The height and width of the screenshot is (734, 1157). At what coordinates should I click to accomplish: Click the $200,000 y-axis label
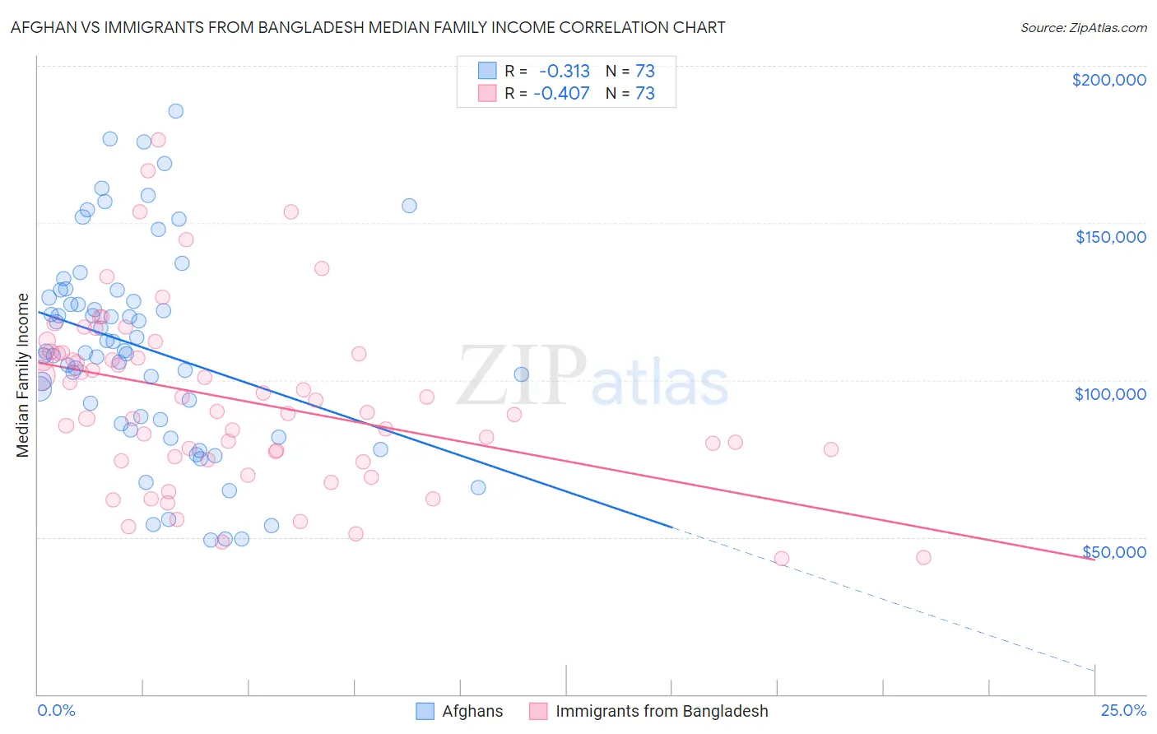click(1108, 80)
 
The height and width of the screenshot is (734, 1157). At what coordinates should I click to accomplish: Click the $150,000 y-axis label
click(1110, 237)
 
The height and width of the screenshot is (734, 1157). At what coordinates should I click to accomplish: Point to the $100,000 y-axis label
click(1110, 394)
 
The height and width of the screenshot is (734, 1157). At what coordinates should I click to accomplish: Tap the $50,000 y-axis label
click(1113, 551)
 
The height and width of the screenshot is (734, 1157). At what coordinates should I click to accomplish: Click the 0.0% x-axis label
click(56, 711)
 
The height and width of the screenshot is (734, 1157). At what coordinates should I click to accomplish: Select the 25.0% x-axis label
click(1123, 711)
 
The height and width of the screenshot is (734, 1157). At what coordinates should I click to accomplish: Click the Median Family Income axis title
click(22, 374)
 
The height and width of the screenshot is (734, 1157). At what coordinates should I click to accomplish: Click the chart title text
click(368, 27)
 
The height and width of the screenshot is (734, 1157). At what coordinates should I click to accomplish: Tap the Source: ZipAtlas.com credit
click(1083, 27)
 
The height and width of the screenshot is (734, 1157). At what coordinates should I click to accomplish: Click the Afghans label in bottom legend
click(472, 711)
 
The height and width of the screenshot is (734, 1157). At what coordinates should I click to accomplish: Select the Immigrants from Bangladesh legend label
click(662, 711)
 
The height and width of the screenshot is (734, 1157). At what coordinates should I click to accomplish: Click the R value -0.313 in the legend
click(565, 71)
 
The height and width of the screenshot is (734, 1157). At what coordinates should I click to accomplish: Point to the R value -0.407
click(561, 93)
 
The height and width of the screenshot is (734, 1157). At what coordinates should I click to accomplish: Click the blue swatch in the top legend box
click(488, 71)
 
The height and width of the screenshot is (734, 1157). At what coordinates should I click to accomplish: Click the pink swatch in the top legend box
click(488, 93)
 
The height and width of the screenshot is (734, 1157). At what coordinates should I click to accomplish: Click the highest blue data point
click(175, 111)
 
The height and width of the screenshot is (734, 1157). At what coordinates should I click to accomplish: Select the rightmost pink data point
click(923, 558)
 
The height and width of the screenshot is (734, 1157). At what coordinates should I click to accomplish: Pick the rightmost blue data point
click(521, 374)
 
